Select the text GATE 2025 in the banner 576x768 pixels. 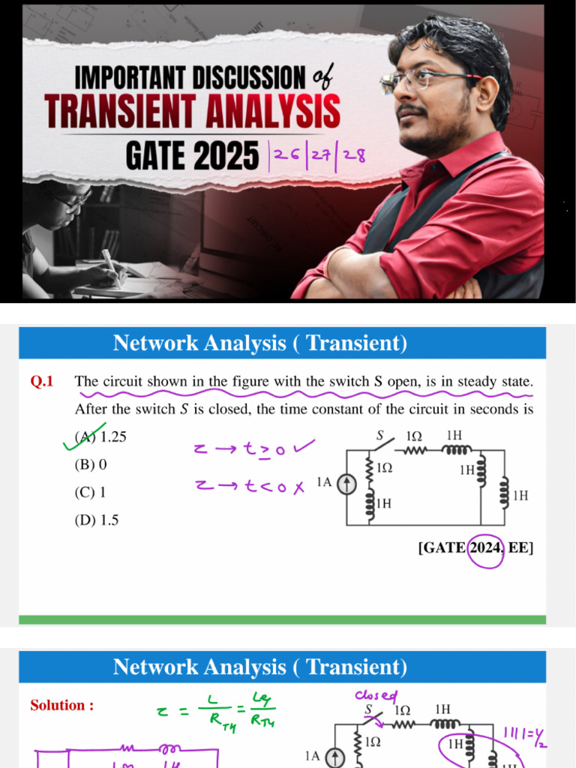point(191,156)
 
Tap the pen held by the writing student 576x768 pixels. point(109,264)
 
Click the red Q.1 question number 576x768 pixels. point(42,382)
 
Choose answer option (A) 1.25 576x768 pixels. point(100,436)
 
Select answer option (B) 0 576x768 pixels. point(91,464)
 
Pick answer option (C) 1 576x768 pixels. point(90,492)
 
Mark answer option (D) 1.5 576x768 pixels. point(97,520)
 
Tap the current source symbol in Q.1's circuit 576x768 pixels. point(346,486)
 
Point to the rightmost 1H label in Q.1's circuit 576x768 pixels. point(520,496)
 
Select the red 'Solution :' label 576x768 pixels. point(61,705)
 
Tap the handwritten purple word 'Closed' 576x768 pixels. point(376,696)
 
